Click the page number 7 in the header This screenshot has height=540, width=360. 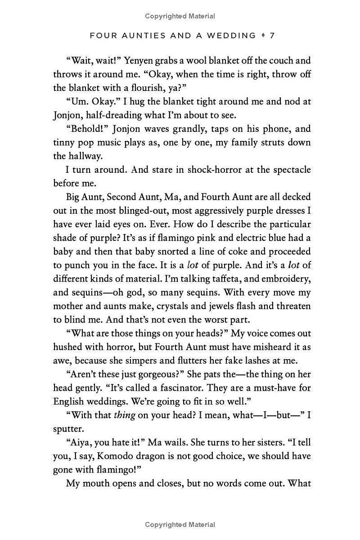coord(272,35)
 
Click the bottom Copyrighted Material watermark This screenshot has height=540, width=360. coord(180,525)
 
